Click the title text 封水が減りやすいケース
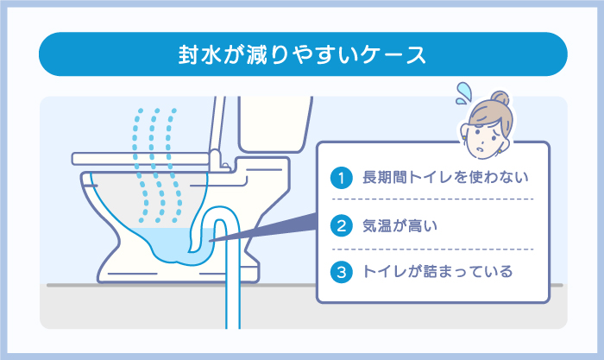click(302, 54)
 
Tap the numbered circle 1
click(342, 178)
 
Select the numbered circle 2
click(342, 225)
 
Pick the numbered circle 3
click(342, 272)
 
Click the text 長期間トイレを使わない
click(445, 177)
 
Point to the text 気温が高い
click(400, 225)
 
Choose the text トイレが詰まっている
click(437, 271)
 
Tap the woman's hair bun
click(500, 98)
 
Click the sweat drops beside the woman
click(463, 93)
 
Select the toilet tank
click(275, 124)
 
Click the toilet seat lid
click(141, 158)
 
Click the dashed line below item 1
click(432, 199)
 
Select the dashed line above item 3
click(432, 249)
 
